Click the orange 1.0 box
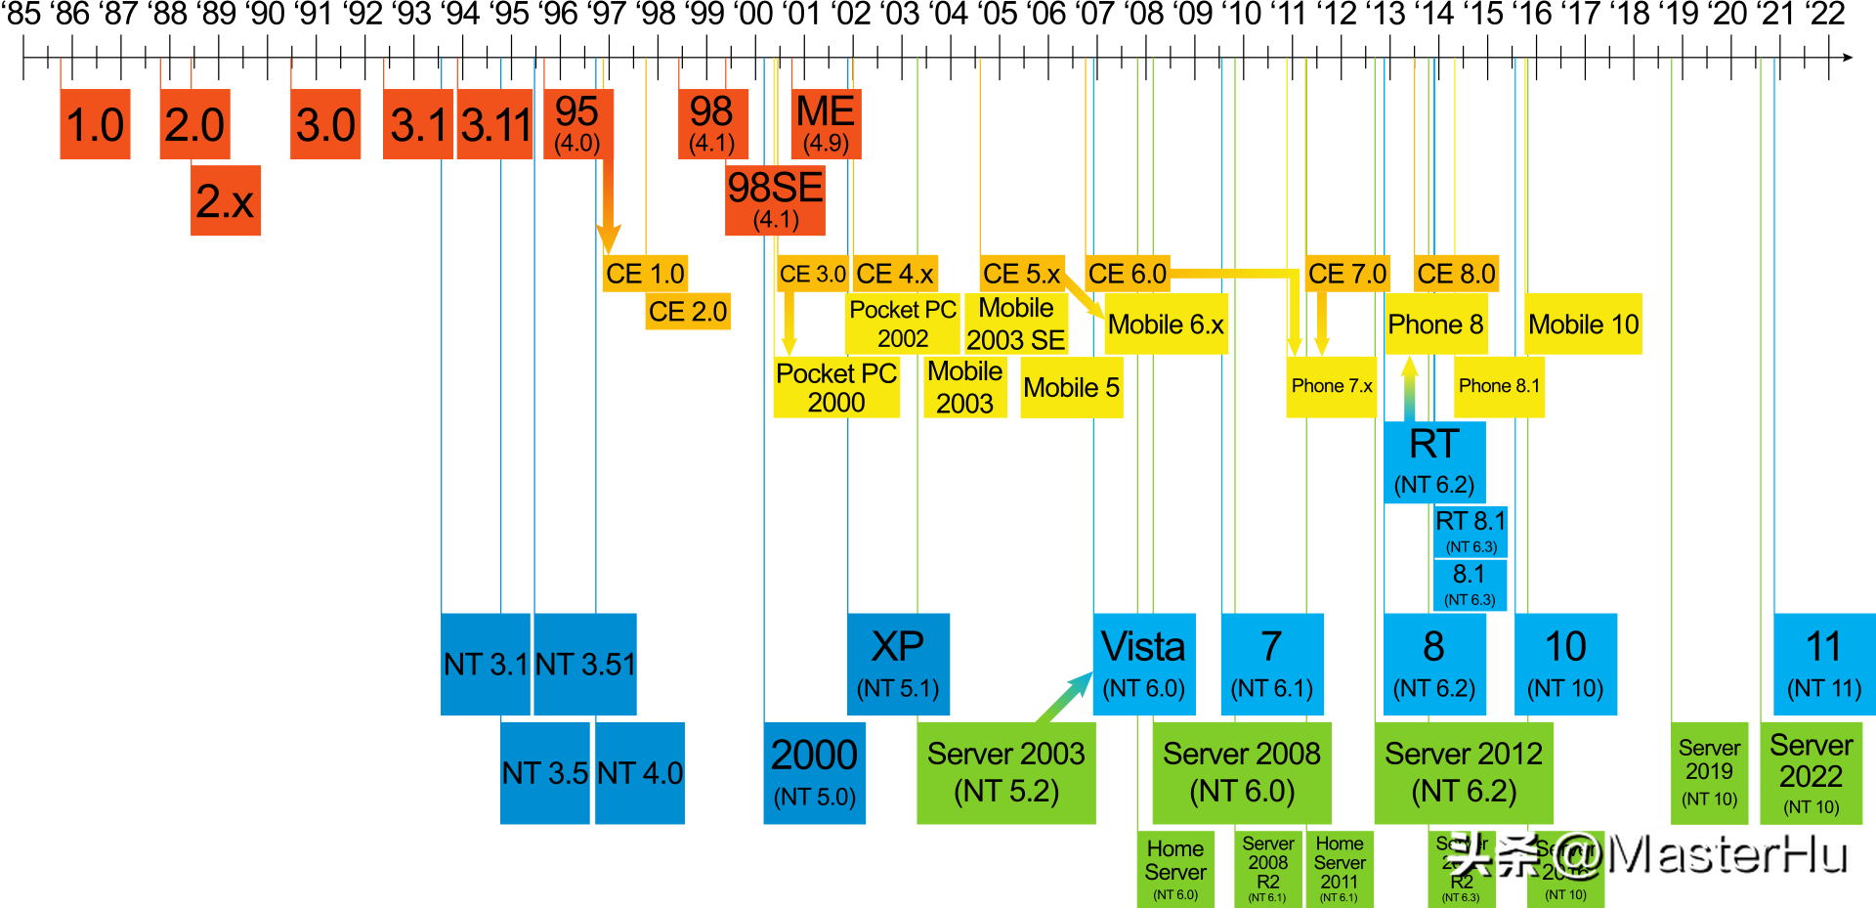[95, 124]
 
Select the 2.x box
[226, 200]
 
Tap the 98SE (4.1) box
[775, 200]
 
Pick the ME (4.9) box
[826, 124]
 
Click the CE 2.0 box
[688, 312]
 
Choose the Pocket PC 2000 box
[836, 388]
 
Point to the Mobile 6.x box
[1166, 324]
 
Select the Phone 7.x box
[1331, 387]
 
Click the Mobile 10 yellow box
[1583, 324]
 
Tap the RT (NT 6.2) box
[1434, 462]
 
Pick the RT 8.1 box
[1471, 531]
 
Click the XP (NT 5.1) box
[898, 664]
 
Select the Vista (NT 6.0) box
[1143, 664]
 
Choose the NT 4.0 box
[640, 773]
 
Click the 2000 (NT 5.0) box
[814, 772]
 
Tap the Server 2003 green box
[1005, 772]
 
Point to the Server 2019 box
[1709, 771]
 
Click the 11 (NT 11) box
[1823, 664]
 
